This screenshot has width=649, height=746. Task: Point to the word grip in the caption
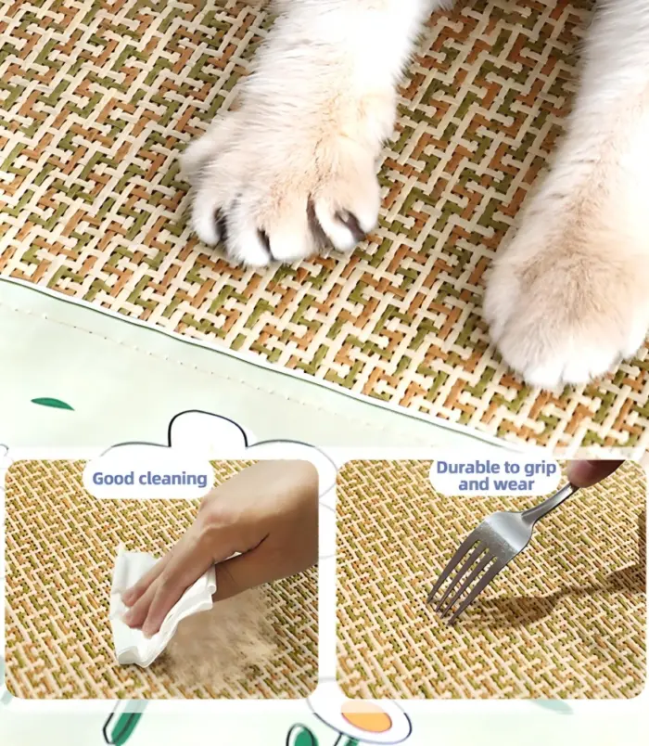(539, 469)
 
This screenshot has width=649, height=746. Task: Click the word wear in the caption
(515, 484)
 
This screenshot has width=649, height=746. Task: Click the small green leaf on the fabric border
(52, 405)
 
